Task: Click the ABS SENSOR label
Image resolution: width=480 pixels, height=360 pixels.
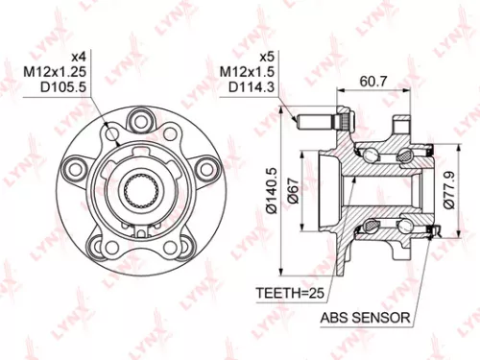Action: pos(366,316)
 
